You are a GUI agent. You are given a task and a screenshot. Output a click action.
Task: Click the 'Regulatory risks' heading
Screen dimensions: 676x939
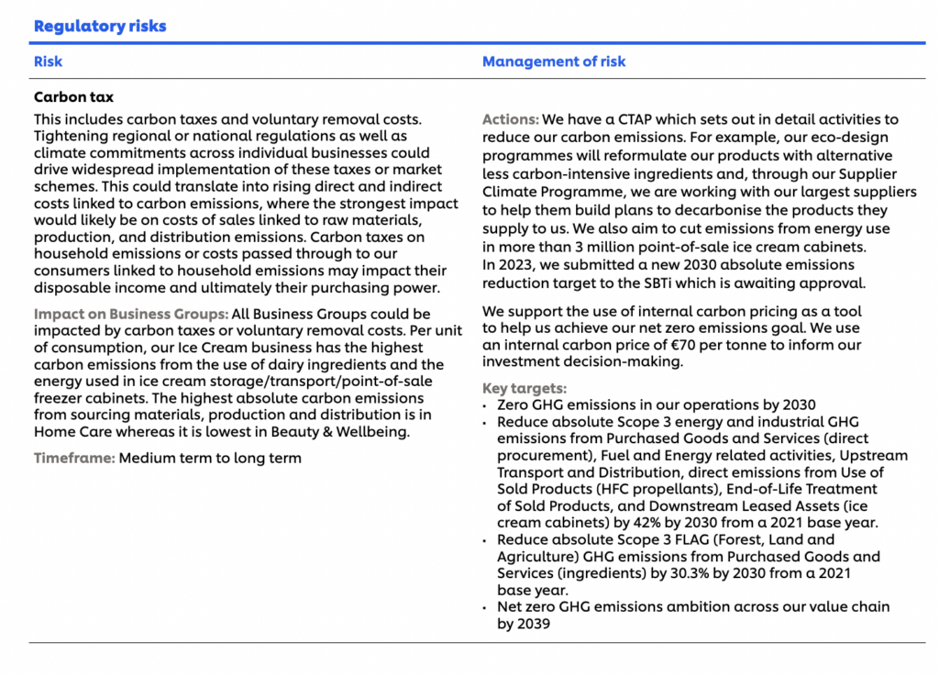(100, 26)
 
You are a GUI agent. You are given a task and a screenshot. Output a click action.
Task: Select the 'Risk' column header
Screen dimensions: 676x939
(48, 61)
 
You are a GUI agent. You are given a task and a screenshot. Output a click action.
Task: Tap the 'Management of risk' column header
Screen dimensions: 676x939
(554, 61)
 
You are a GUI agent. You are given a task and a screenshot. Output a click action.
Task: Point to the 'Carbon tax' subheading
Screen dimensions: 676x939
(73, 97)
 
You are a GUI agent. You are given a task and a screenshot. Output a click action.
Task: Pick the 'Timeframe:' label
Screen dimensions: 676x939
(74, 458)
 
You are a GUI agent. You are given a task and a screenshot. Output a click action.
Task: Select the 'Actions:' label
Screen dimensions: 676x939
(510, 119)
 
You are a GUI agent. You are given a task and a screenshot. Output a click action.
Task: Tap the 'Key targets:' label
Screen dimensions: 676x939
(524, 388)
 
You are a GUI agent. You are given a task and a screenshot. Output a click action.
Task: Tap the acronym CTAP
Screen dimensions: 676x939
(621, 119)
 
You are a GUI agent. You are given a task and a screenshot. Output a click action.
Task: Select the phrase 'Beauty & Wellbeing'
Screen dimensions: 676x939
(346, 432)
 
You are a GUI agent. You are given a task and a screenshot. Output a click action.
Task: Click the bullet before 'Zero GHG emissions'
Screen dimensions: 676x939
(485, 405)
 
